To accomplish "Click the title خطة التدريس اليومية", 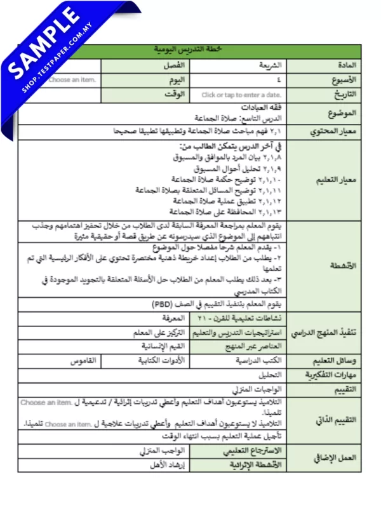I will coord(189,50).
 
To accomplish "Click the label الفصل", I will coord(175,65).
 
